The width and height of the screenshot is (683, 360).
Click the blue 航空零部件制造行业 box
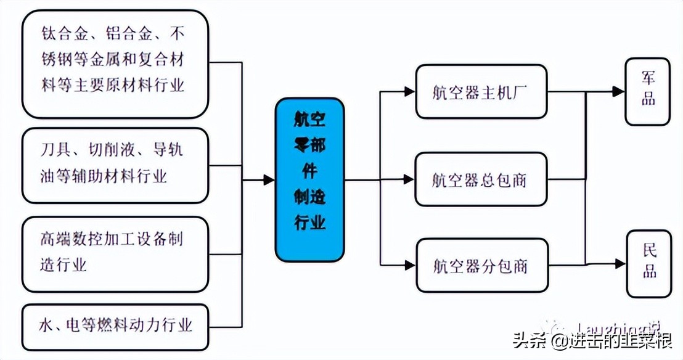click(x=309, y=179)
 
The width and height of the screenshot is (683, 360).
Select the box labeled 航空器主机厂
click(x=481, y=92)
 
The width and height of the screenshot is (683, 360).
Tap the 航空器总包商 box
click(x=481, y=180)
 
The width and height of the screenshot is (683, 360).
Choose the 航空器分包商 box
click(x=481, y=266)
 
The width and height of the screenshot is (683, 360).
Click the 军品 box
click(x=647, y=91)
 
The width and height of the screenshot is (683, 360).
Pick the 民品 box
click(x=648, y=263)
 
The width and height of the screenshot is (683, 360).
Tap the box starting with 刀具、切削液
click(x=115, y=165)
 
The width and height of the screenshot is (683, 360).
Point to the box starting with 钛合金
click(x=115, y=63)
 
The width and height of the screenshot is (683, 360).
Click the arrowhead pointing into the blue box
click(x=269, y=180)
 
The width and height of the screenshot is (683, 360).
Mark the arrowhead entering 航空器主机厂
click(x=409, y=92)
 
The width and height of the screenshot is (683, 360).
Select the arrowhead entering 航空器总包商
click(x=409, y=180)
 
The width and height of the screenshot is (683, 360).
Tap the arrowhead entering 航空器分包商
click(x=409, y=266)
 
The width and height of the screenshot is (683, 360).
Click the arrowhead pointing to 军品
click(x=618, y=92)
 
